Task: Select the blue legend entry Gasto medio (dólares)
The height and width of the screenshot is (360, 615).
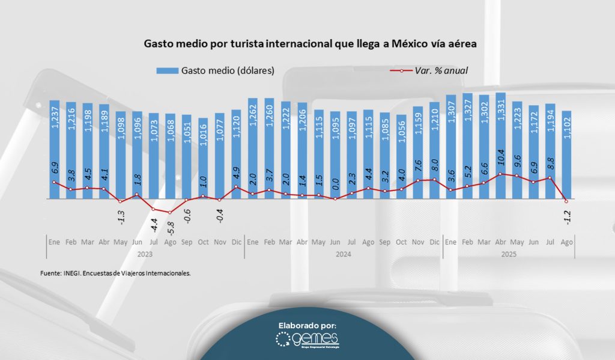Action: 215,70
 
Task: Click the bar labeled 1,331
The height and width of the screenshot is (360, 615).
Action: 500,144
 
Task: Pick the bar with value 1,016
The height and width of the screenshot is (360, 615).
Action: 203,157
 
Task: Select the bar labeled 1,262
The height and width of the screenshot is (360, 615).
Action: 253,147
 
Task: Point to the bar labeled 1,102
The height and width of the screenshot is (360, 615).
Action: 566,154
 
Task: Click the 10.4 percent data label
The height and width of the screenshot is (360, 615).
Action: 500,162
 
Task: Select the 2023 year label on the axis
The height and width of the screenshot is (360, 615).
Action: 145,254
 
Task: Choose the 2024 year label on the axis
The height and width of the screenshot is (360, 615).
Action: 343,254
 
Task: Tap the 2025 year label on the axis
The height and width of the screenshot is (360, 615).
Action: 509,254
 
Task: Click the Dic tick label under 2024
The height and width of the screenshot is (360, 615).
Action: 434,242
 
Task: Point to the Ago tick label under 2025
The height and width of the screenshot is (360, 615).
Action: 566,242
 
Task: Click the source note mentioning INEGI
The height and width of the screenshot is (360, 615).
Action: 116,272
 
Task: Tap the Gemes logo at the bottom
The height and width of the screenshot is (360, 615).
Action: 307,341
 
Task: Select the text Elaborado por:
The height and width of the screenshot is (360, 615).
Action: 307,325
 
